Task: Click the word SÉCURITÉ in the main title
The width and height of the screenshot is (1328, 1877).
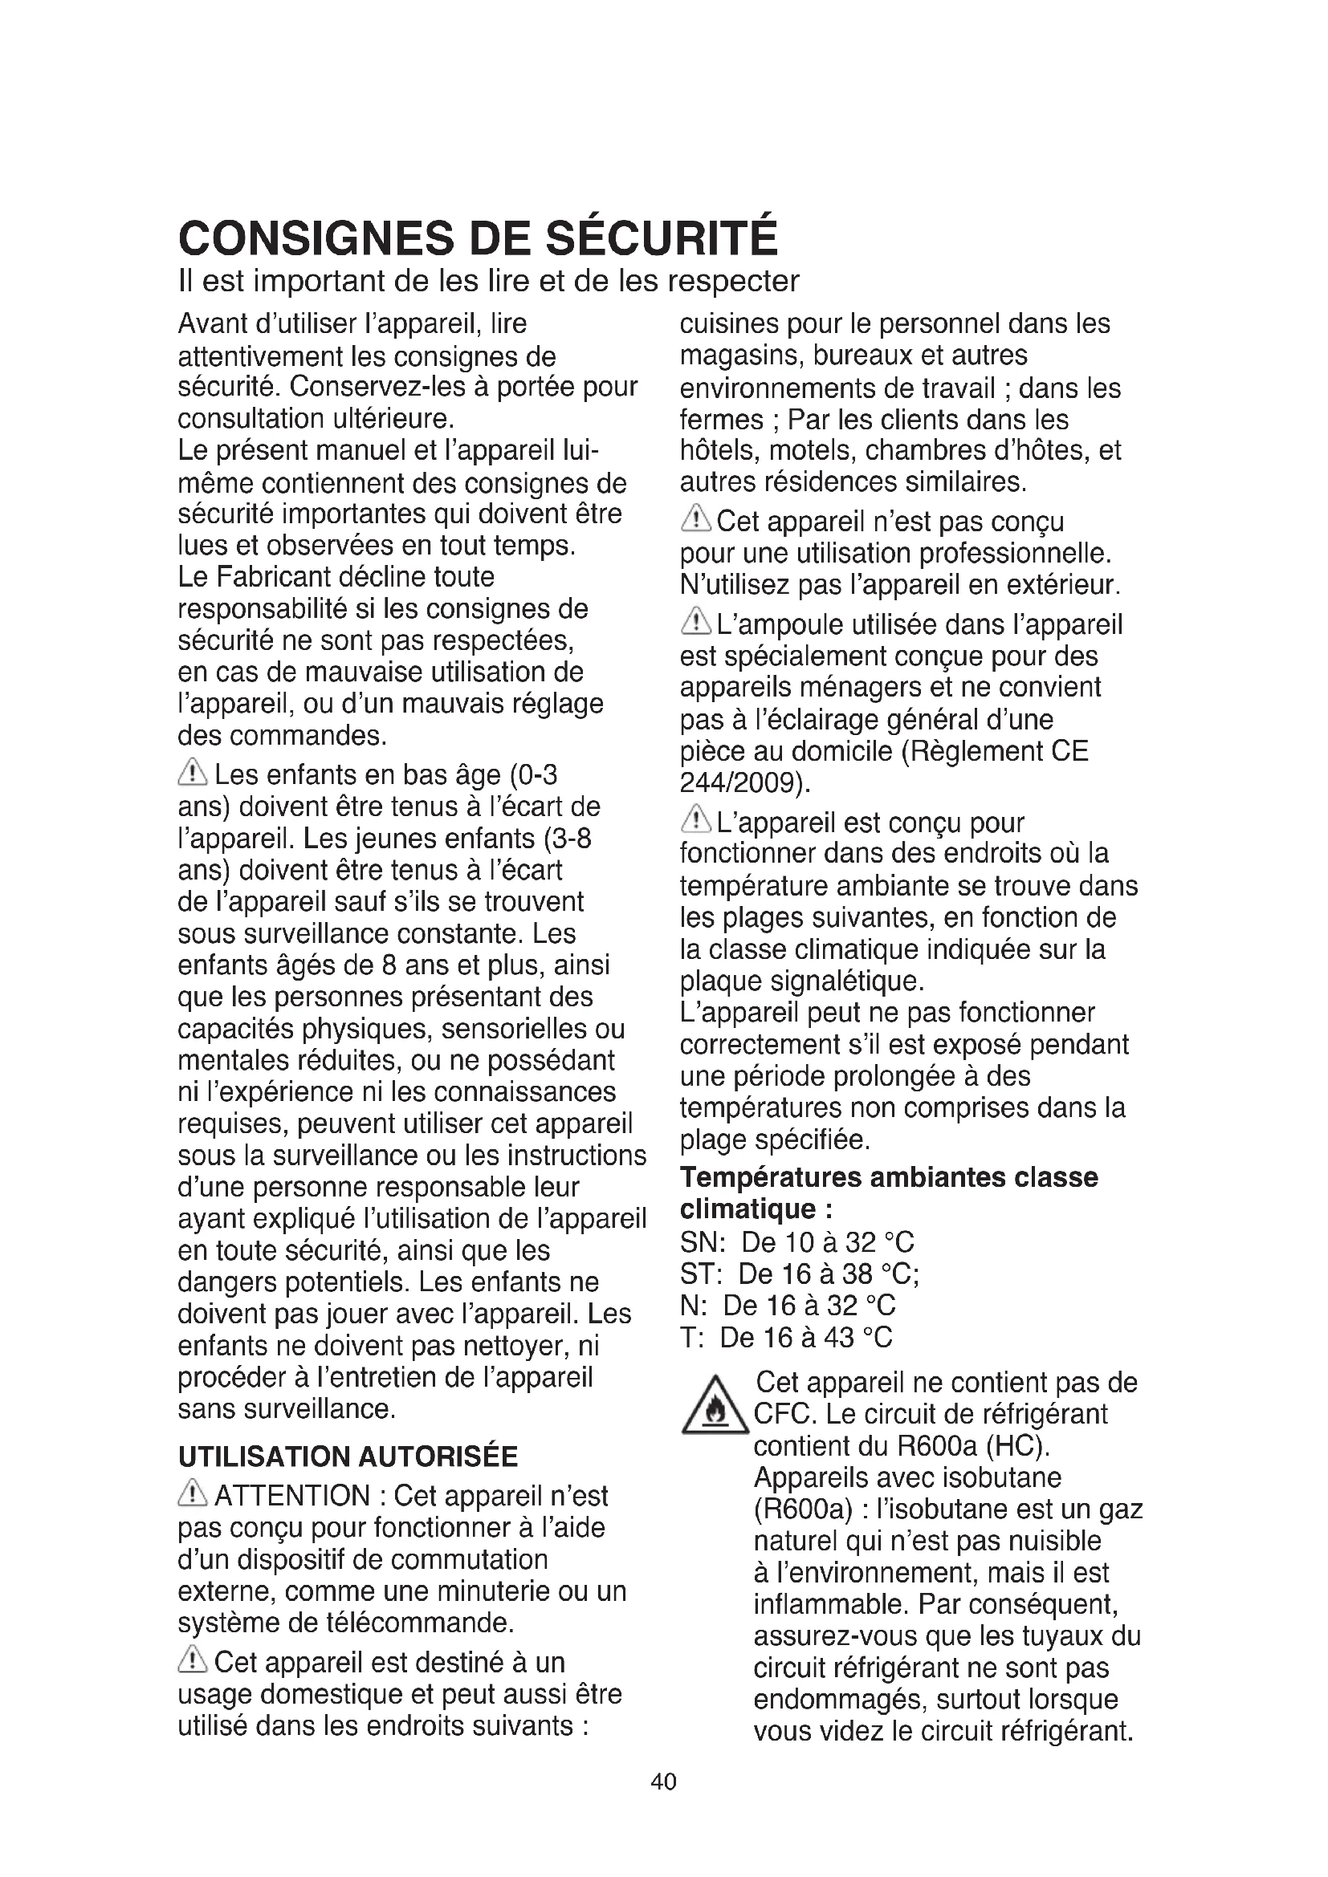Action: tap(662, 238)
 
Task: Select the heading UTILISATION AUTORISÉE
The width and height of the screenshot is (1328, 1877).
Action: tap(348, 1457)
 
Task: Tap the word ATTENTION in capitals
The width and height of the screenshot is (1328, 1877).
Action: tap(292, 1496)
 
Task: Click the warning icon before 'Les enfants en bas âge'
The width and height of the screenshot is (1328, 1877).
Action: tap(193, 772)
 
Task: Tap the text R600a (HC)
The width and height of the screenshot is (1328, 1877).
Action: tap(973, 1445)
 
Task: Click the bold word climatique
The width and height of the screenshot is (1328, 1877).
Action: tap(748, 1209)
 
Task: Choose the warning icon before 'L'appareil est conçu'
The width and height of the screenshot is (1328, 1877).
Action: tap(696, 820)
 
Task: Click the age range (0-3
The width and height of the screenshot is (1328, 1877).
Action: tap(533, 774)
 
